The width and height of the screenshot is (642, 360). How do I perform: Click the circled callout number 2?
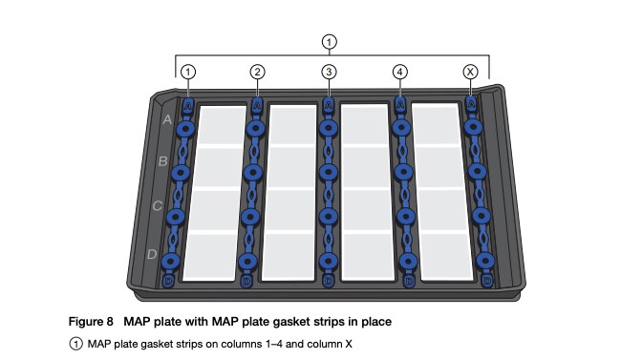pos(257,72)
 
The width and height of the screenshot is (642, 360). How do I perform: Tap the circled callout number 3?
pos(329,72)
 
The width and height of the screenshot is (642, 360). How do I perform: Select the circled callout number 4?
pos(399,72)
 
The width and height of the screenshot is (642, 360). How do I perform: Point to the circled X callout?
pos(470,72)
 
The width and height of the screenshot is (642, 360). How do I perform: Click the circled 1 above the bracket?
pos(330,41)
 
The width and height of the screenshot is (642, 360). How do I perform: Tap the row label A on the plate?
pos(166,120)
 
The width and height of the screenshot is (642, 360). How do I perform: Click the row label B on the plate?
pos(161,161)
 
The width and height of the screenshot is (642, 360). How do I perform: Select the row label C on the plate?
pos(157,205)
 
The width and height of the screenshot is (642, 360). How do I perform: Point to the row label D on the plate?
pos(151,253)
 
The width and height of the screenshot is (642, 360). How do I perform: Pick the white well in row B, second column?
pos(295,167)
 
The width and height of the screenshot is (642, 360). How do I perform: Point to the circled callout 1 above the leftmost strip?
pos(188,72)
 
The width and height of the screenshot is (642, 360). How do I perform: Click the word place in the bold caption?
pos(375,322)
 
